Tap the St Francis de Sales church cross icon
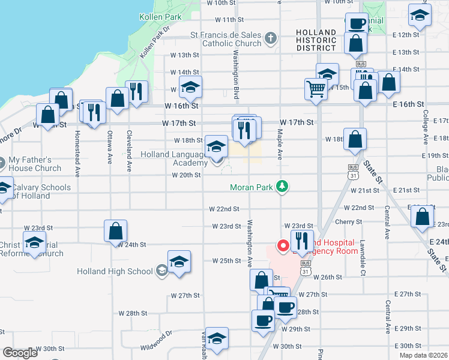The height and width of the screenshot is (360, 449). pos(271,39)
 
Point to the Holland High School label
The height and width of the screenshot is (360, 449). pos(115,271)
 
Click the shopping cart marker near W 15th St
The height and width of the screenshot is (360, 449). pos(315,90)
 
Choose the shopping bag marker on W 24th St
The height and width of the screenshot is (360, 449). pos(115,230)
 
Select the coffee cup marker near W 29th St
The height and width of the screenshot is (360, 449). pos(262,320)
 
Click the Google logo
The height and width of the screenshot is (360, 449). pos(20,353)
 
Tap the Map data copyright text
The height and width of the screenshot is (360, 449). pos(423,355)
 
